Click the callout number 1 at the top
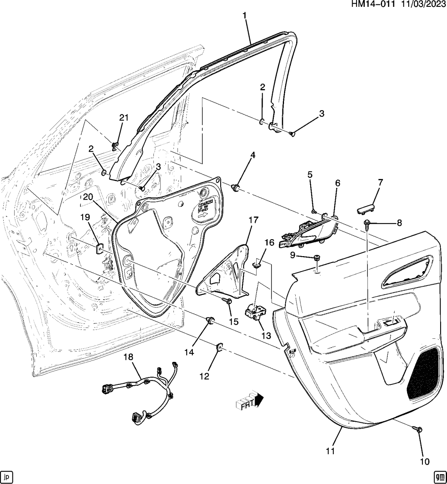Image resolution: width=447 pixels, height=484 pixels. (x=244, y=16)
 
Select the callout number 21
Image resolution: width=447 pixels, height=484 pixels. (x=123, y=117)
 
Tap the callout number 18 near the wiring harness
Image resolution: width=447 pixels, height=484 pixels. (x=128, y=357)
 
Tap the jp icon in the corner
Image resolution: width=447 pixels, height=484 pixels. (x=7, y=476)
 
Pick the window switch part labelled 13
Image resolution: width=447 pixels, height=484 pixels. (x=255, y=311)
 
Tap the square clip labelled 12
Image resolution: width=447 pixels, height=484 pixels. (x=220, y=347)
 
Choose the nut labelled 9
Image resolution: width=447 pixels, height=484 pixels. (x=317, y=258)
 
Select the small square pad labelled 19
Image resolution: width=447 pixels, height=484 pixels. (x=99, y=248)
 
